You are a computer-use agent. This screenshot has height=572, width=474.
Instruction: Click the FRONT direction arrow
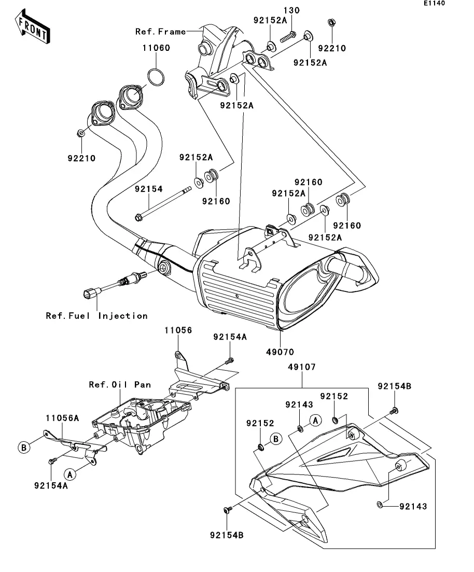click(x=33, y=27)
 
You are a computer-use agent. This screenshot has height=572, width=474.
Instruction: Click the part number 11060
click(x=156, y=48)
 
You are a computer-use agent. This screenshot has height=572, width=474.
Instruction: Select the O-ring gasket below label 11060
click(x=156, y=77)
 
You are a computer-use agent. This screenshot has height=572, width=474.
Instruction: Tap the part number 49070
click(x=280, y=352)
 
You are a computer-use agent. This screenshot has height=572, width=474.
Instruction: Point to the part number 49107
click(x=302, y=367)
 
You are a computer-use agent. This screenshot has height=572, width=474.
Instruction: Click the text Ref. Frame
click(x=161, y=32)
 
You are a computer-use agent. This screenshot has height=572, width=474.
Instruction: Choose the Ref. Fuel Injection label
click(x=96, y=316)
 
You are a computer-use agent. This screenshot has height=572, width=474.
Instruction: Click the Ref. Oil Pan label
click(x=120, y=384)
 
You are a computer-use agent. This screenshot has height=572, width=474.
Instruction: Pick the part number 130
click(x=291, y=10)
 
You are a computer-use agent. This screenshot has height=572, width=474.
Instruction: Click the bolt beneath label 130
click(x=288, y=37)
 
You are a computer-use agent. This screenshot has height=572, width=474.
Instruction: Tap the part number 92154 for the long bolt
click(x=148, y=189)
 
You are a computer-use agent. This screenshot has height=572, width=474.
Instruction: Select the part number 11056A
click(x=62, y=418)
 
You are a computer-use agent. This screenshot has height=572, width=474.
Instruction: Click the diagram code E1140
click(x=434, y=3)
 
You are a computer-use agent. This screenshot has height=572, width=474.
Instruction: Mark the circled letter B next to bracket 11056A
click(x=24, y=447)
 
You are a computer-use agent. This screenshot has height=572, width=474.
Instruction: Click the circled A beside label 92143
click(x=316, y=421)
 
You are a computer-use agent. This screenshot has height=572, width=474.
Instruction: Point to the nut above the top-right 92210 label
click(x=332, y=23)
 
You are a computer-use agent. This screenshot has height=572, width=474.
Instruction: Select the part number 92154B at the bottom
click(x=227, y=535)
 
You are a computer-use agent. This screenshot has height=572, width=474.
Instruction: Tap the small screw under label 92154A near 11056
click(x=229, y=361)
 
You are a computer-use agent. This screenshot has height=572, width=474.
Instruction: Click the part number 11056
click(x=178, y=330)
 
